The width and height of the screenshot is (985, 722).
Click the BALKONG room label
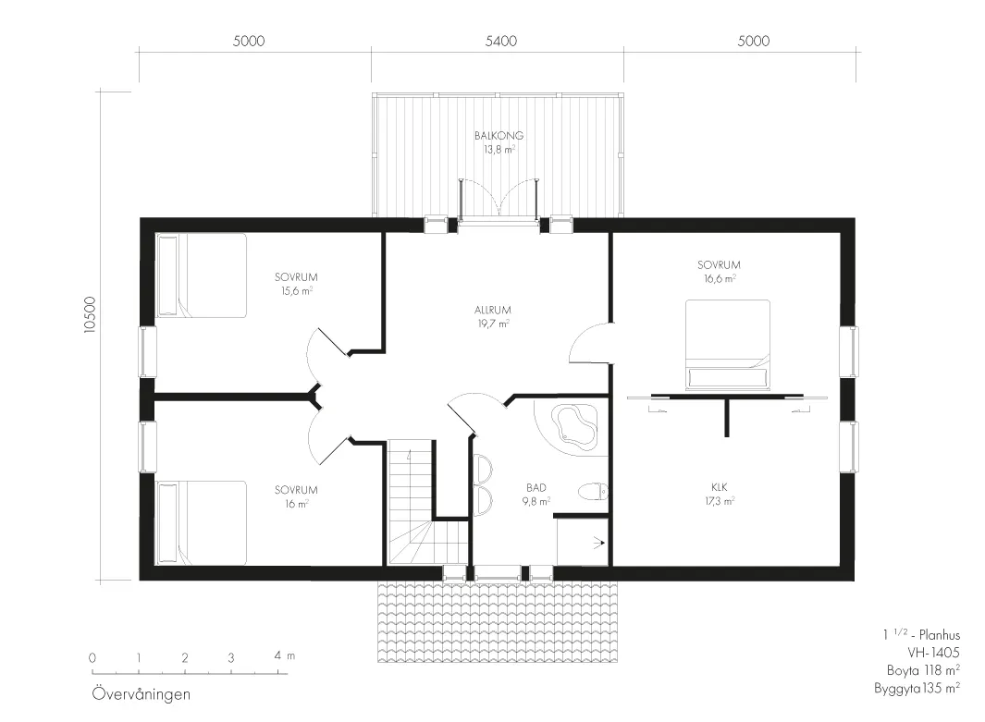pos(499,135)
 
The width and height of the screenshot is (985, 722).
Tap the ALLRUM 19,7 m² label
pos(492,317)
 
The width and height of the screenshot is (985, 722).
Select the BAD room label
pos(536,487)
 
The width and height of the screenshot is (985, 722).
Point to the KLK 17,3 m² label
pos(720,494)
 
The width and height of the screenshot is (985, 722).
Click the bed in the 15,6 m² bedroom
pos(201,275)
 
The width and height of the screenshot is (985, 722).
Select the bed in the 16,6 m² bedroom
pos(728,345)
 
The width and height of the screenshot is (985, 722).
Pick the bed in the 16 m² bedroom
pos(201,523)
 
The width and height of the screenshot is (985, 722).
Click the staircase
pos(426,502)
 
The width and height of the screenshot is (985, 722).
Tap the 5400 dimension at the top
pos(501,42)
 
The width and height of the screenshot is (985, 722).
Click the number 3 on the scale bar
pos(231,658)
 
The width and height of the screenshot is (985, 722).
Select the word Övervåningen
pos(142,694)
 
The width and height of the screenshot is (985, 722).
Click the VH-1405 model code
pos(933,653)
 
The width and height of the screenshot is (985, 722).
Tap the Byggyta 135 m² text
pos(917,689)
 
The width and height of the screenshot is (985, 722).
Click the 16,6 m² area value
pos(720,279)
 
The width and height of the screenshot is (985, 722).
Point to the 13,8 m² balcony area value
pos(499,150)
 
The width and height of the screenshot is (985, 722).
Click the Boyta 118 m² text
pos(923,670)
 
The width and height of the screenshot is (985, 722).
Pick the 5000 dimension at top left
pos(249,42)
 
